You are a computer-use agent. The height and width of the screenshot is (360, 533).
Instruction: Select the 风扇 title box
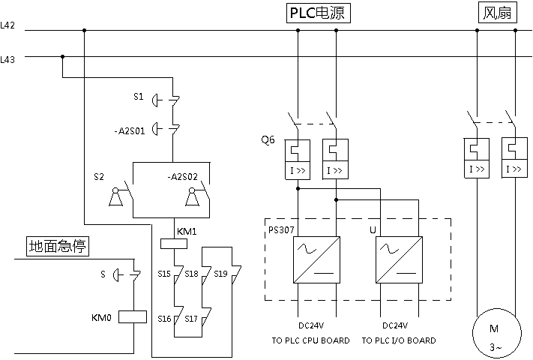coord(496,13)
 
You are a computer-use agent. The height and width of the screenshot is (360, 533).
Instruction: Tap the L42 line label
coord(7,25)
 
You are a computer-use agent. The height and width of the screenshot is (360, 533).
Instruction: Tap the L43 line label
coord(7,58)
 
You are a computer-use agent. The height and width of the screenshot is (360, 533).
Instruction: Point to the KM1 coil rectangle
coord(174,243)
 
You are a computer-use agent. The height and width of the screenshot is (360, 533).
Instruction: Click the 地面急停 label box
coord(52,246)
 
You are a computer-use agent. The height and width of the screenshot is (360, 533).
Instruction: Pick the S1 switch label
coord(138,97)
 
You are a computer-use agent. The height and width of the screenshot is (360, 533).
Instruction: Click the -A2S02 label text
coord(182,176)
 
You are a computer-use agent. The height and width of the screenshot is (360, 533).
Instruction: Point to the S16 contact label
coord(164,319)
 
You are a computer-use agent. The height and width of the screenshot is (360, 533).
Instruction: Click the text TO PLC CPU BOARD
coord(310,340)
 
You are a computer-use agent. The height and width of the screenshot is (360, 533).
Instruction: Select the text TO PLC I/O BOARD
coord(399,340)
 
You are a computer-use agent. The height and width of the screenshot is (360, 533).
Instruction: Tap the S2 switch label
coord(99,176)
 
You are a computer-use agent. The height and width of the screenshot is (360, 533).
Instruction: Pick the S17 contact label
coord(192,319)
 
